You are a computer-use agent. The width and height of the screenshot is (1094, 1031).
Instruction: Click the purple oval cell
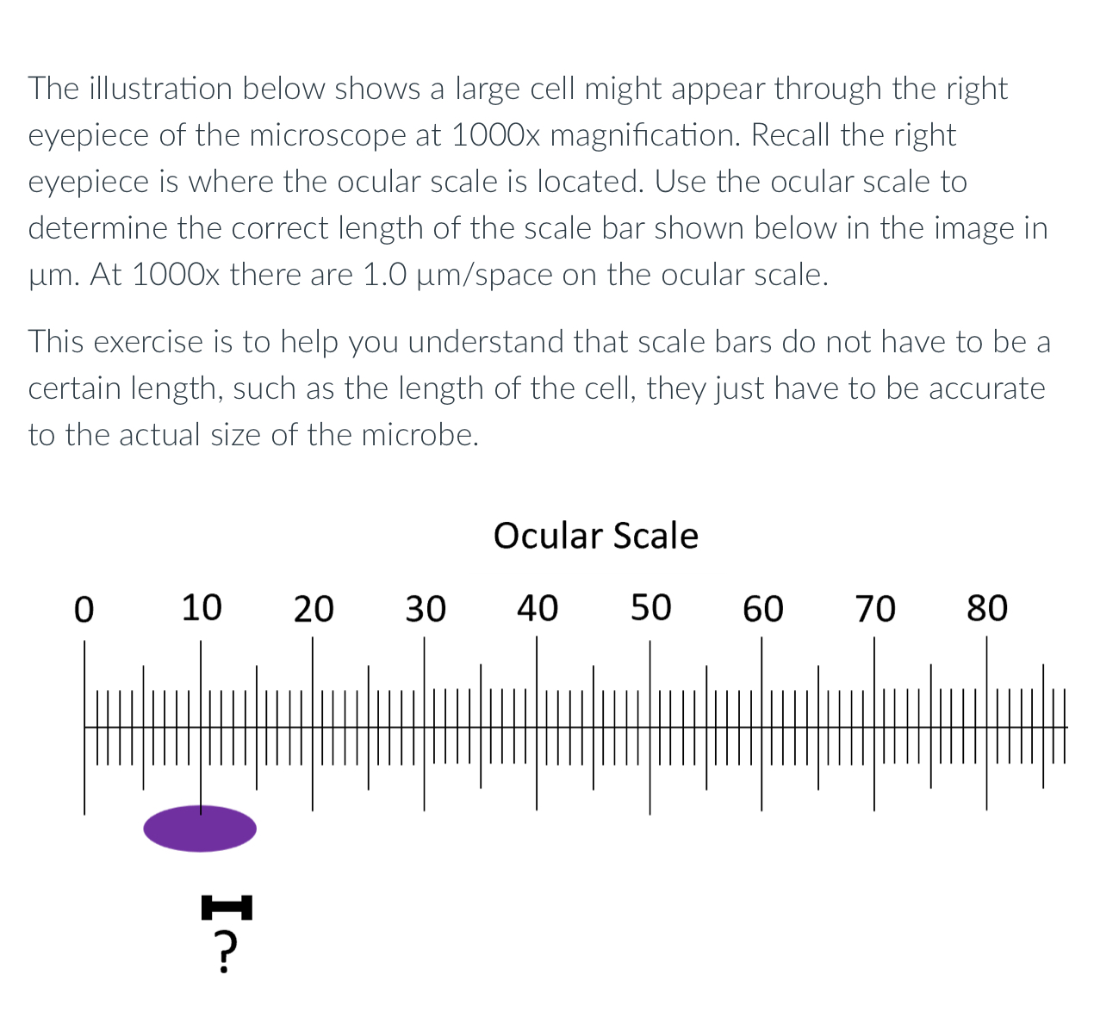(200, 829)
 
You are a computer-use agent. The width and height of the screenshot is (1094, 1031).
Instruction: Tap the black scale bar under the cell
(227, 907)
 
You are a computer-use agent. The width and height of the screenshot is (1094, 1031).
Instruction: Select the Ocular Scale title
(595, 536)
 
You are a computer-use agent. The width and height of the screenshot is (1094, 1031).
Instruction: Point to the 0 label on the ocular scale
(84, 609)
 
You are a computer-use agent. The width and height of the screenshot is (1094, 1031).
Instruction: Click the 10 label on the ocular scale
(202, 607)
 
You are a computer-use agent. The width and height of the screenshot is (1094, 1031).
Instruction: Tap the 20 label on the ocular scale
(314, 609)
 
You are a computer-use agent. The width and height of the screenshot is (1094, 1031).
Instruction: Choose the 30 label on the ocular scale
(426, 609)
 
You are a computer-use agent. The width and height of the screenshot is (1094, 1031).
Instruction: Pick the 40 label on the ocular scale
(538, 608)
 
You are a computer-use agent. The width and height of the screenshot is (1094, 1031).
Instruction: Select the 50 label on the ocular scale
(650, 607)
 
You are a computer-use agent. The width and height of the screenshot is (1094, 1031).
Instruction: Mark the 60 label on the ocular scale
(763, 609)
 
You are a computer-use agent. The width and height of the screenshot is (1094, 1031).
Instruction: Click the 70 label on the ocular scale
(875, 609)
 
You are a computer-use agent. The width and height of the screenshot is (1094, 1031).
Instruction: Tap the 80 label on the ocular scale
(987, 608)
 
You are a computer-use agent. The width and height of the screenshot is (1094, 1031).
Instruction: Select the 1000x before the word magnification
(495, 135)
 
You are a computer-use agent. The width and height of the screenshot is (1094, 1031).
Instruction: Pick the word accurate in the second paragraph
(985, 388)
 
